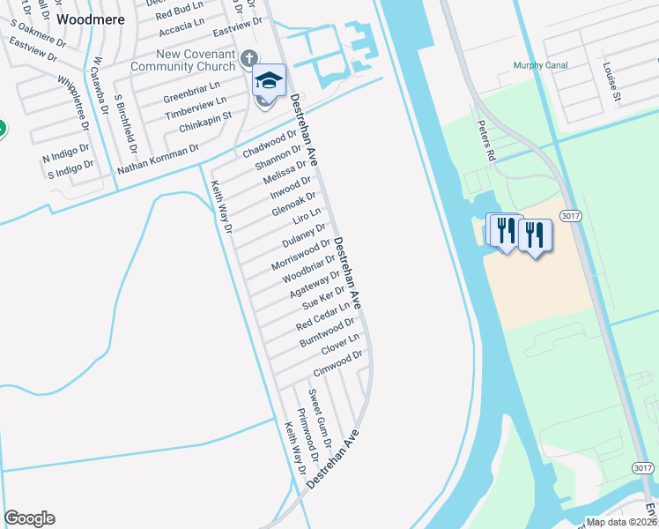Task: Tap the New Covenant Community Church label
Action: tap(183, 60)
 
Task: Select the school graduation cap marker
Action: tap(269, 81)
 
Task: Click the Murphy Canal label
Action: tap(541, 66)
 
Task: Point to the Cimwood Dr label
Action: tap(338, 364)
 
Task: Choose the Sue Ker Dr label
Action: tap(323, 297)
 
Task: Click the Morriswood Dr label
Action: tap(300, 254)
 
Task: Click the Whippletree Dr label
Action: tap(74, 102)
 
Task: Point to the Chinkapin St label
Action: tap(204, 122)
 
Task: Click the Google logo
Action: tap(29, 518)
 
